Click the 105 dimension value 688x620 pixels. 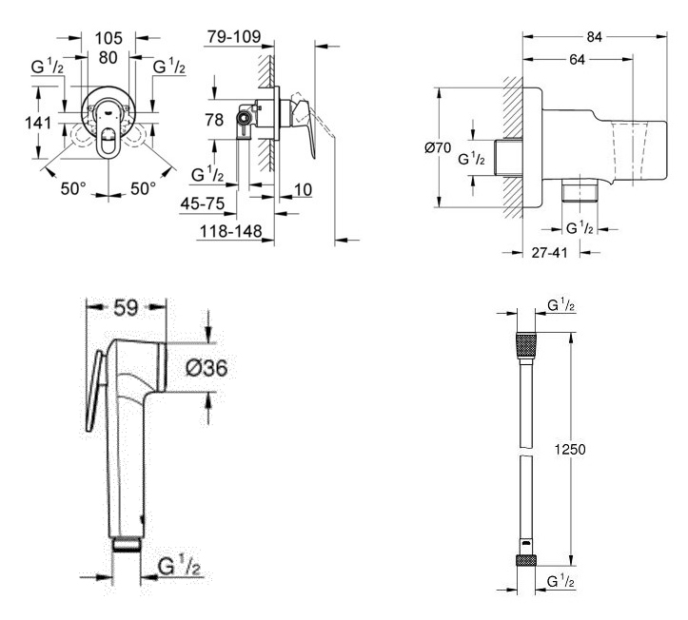(107, 38)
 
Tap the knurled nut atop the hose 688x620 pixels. (524, 343)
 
